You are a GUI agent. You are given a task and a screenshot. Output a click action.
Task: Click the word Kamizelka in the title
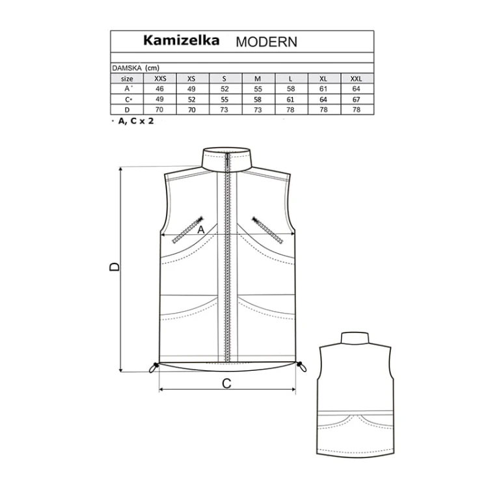[181, 40]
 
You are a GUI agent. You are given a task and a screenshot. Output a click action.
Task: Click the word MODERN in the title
[266, 42]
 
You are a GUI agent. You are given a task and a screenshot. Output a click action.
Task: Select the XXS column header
[160, 79]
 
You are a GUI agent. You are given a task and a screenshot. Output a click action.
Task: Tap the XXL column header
[357, 79]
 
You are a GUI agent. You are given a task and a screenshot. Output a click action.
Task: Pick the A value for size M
[258, 89]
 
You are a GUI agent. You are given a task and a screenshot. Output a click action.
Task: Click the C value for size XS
[192, 100]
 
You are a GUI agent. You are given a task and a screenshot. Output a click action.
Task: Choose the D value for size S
[224, 109]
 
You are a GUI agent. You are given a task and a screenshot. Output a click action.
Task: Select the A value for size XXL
[357, 89]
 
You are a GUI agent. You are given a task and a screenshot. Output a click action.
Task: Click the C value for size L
[290, 100]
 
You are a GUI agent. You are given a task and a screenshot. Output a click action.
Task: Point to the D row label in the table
[127, 110]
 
